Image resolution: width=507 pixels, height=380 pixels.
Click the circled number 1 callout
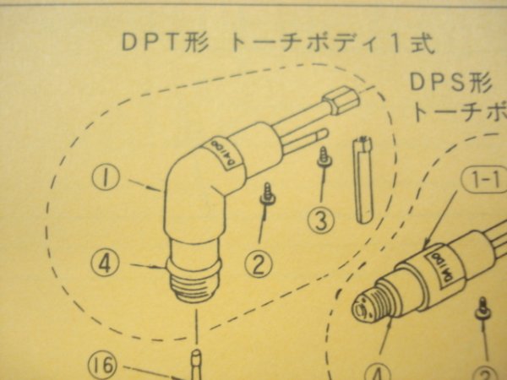coord(107,181)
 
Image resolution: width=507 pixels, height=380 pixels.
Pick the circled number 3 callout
coord(320,221)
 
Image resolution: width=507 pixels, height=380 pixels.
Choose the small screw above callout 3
coord(323,159)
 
